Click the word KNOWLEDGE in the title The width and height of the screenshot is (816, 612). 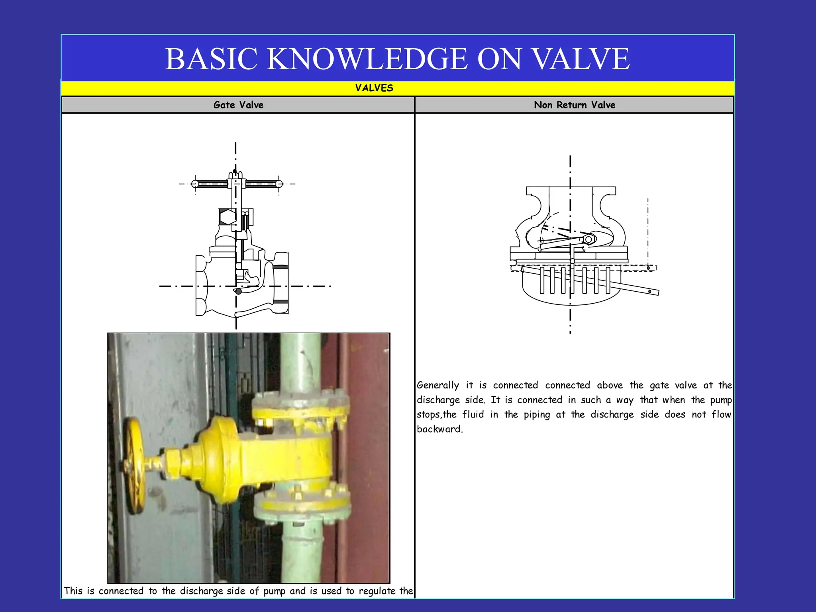pyautogui.click(x=367, y=59)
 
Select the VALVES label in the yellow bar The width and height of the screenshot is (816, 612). pyautogui.click(x=374, y=88)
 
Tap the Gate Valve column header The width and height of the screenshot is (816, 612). pyautogui.click(x=238, y=105)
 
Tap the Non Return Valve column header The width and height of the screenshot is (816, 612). pyautogui.click(x=574, y=105)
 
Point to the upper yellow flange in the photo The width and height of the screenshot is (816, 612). pyautogui.click(x=301, y=406)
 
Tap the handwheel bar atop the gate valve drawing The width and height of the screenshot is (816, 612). pyautogui.click(x=237, y=184)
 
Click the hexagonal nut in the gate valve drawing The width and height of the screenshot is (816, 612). pyautogui.click(x=228, y=217)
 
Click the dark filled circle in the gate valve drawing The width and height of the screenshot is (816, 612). pyautogui.click(x=238, y=291)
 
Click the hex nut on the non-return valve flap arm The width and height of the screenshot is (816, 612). pyautogui.click(x=588, y=239)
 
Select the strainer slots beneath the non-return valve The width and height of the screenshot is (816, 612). pyautogui.click(x=574, y=280)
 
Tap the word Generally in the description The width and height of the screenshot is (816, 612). pyautogui.click(x=437, y=385)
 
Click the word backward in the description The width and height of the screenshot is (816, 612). pyautogui.click(x=439, y=429)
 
